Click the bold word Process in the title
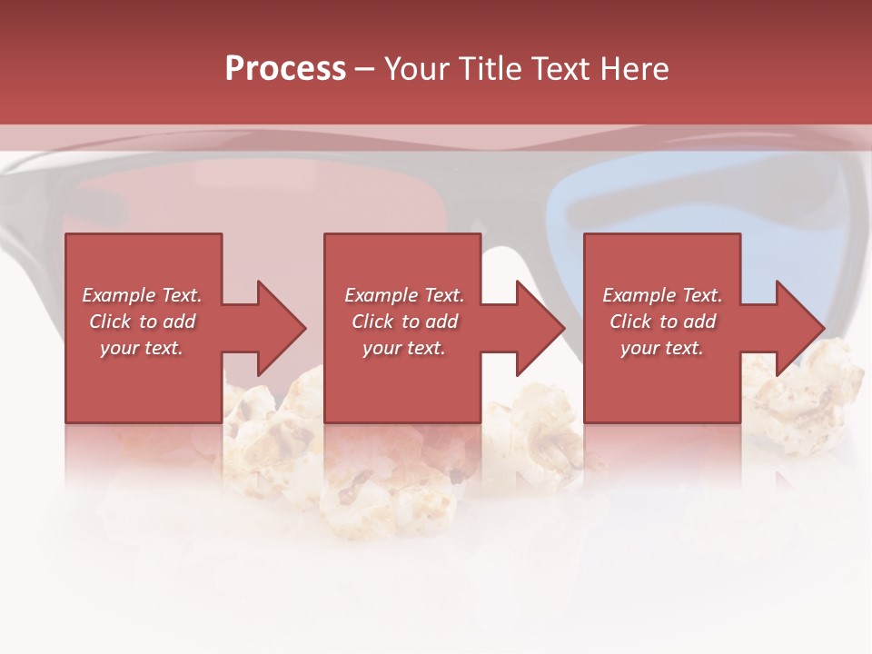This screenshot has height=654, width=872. coord(285,69)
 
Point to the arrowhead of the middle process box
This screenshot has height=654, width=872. coord(540,328)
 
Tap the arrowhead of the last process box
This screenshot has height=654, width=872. coord(799,328)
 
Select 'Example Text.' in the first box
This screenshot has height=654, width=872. coord(142,295)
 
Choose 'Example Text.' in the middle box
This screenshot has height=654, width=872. coord(404,295)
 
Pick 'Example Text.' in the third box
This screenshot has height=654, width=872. coord(662,295)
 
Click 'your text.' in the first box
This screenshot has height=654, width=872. coord(142,348)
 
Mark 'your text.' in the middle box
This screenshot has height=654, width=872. coord(404,348)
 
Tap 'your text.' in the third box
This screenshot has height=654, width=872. coord(662,348)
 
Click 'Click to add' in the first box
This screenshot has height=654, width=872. coord(142,322)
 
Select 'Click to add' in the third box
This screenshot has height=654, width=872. coord(662,322)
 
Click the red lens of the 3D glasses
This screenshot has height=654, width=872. coord(182,200)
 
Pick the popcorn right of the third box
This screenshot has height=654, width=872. coord(808,400)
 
